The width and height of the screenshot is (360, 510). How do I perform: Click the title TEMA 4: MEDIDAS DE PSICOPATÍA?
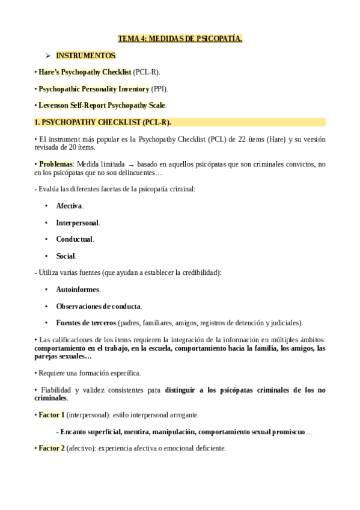180,39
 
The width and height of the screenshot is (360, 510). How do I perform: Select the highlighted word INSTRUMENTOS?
85,55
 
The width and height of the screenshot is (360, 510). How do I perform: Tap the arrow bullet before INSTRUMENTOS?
47,55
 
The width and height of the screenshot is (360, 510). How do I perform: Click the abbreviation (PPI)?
159,89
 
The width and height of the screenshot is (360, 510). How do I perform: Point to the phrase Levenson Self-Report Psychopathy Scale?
102,105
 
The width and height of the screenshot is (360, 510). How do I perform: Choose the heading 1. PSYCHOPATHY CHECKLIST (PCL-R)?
103,122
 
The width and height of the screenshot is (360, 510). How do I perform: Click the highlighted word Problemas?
56,164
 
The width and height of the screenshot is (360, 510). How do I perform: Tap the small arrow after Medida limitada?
131,164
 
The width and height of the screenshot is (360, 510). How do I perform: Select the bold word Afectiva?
69,206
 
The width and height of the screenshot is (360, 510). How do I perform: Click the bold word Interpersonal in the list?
78,223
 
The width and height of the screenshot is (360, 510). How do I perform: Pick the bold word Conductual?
75,239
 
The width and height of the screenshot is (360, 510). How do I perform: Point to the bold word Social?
66,256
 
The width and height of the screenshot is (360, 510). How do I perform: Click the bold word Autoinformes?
78,289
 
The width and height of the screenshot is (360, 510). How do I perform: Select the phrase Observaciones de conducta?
98,306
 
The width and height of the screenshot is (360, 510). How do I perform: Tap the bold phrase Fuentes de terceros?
86,322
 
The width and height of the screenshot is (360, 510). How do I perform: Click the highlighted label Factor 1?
51,415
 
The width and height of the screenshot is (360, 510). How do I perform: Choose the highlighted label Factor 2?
51,448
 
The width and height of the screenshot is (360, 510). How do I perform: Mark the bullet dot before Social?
46,256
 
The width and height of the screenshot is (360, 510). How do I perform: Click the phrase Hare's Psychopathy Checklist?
85,72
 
